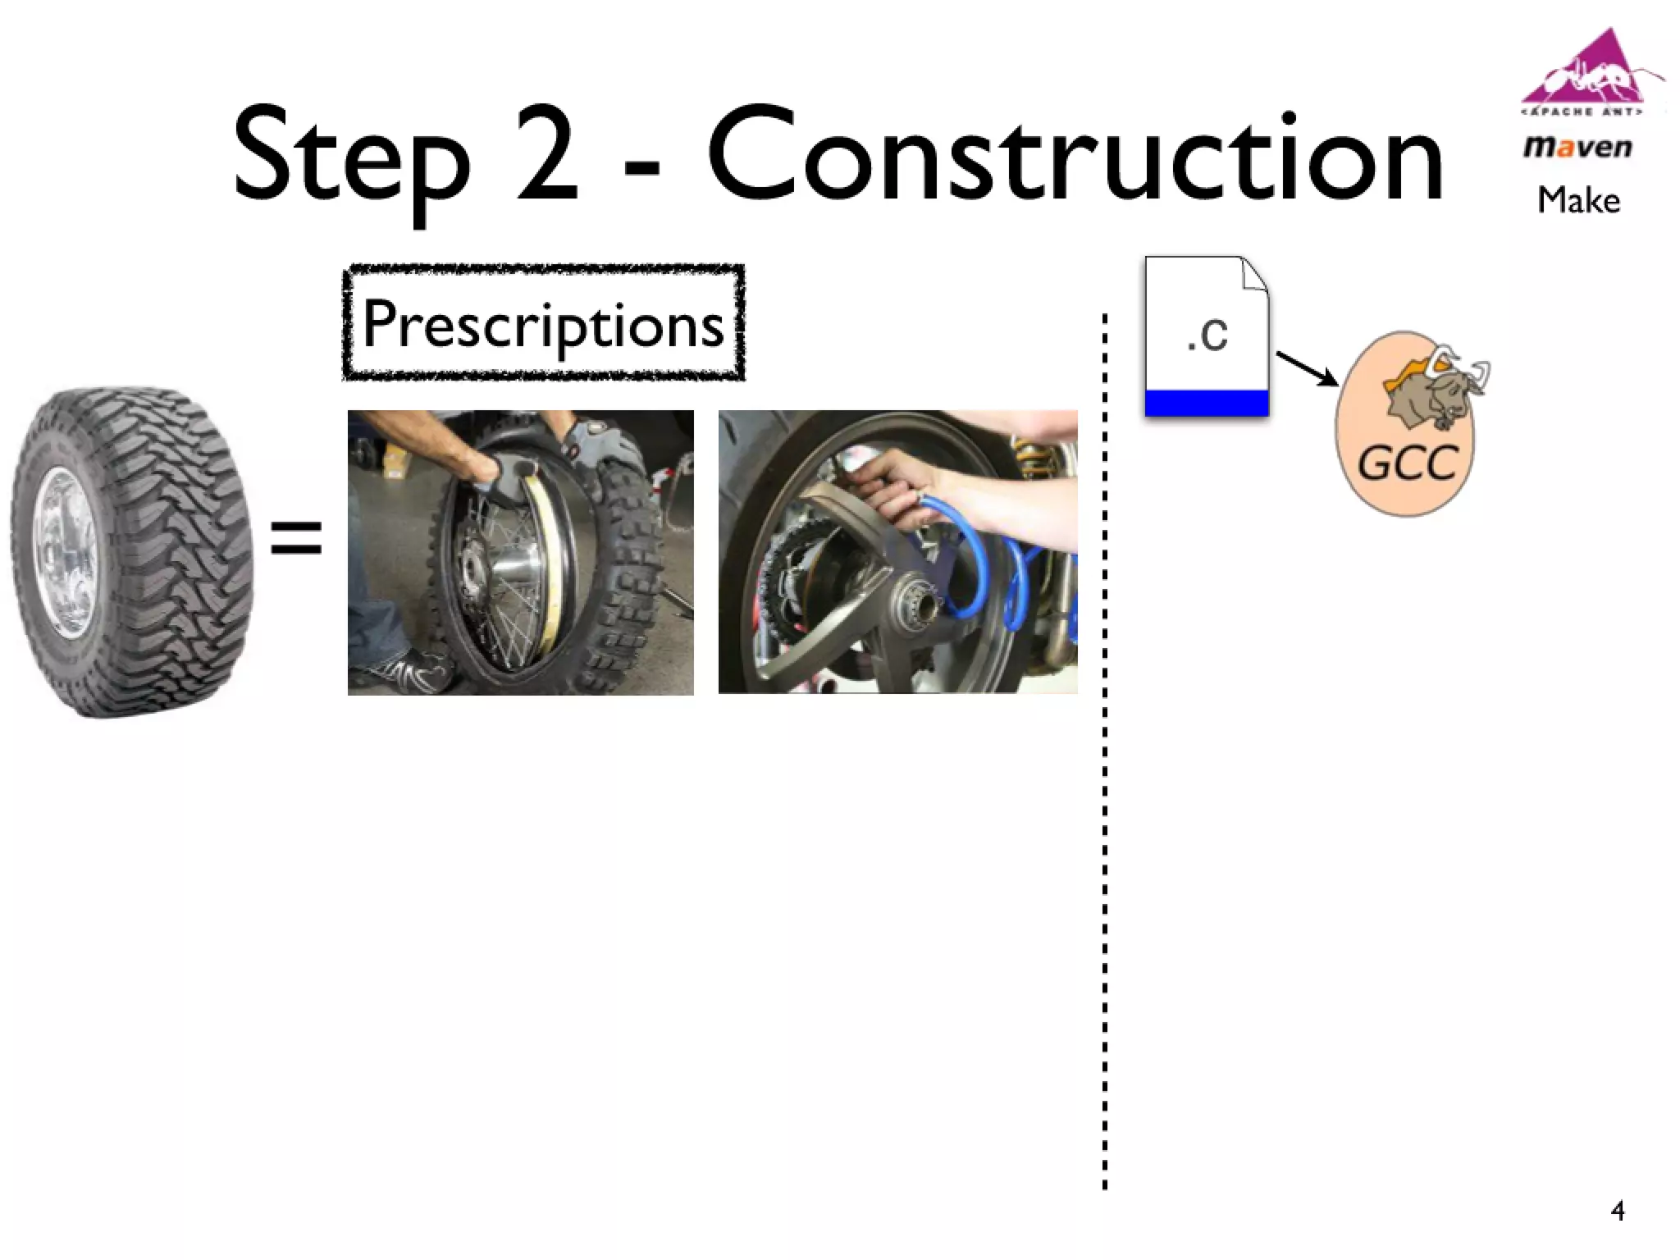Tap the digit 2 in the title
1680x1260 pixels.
(547, 156)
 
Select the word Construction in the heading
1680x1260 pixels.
(1075, 156)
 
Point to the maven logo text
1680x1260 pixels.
(1577, 148)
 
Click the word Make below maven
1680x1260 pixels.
(1578, 201)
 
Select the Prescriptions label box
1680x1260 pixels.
(543, 323)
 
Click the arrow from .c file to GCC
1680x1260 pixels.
(1306, 368)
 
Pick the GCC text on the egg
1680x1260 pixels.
(1407, 464)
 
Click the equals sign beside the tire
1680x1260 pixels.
(296, 536)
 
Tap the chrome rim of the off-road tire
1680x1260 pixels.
(66, 550)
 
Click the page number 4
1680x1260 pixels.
(1617, 1211)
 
